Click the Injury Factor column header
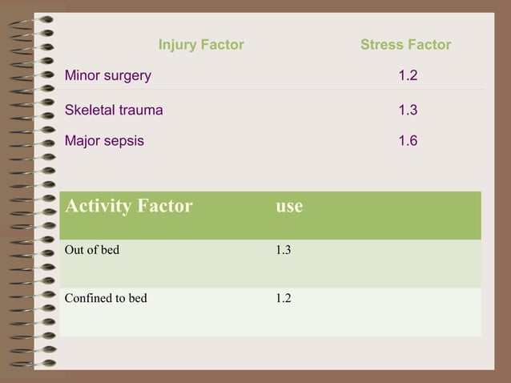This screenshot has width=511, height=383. click(x=201, y=45)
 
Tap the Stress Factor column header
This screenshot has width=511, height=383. click(x=405, y=45)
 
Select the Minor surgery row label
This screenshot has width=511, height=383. click(x=107, y=77)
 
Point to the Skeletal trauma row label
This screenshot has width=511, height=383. click(x=114, y=110)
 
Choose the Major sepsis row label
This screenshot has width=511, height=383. click(x=104, y=141)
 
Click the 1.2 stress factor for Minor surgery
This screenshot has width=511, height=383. click(x=408, y=77)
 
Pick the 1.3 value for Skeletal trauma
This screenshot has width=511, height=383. click(x=408, y=110)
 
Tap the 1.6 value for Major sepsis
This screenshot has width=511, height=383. click(x=408, y=141)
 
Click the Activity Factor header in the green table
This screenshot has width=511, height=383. click(x=129, y=207)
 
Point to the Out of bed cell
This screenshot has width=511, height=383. click(x=92, y=250)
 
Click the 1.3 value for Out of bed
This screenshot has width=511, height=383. click(x=283, y=250)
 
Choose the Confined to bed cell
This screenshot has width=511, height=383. click(x=106, y=298)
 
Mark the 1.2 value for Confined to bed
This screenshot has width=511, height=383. click(x=283, y=298)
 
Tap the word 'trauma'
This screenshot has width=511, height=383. click(x=141, y=110)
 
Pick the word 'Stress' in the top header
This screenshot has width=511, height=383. click(x=381, y=45)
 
